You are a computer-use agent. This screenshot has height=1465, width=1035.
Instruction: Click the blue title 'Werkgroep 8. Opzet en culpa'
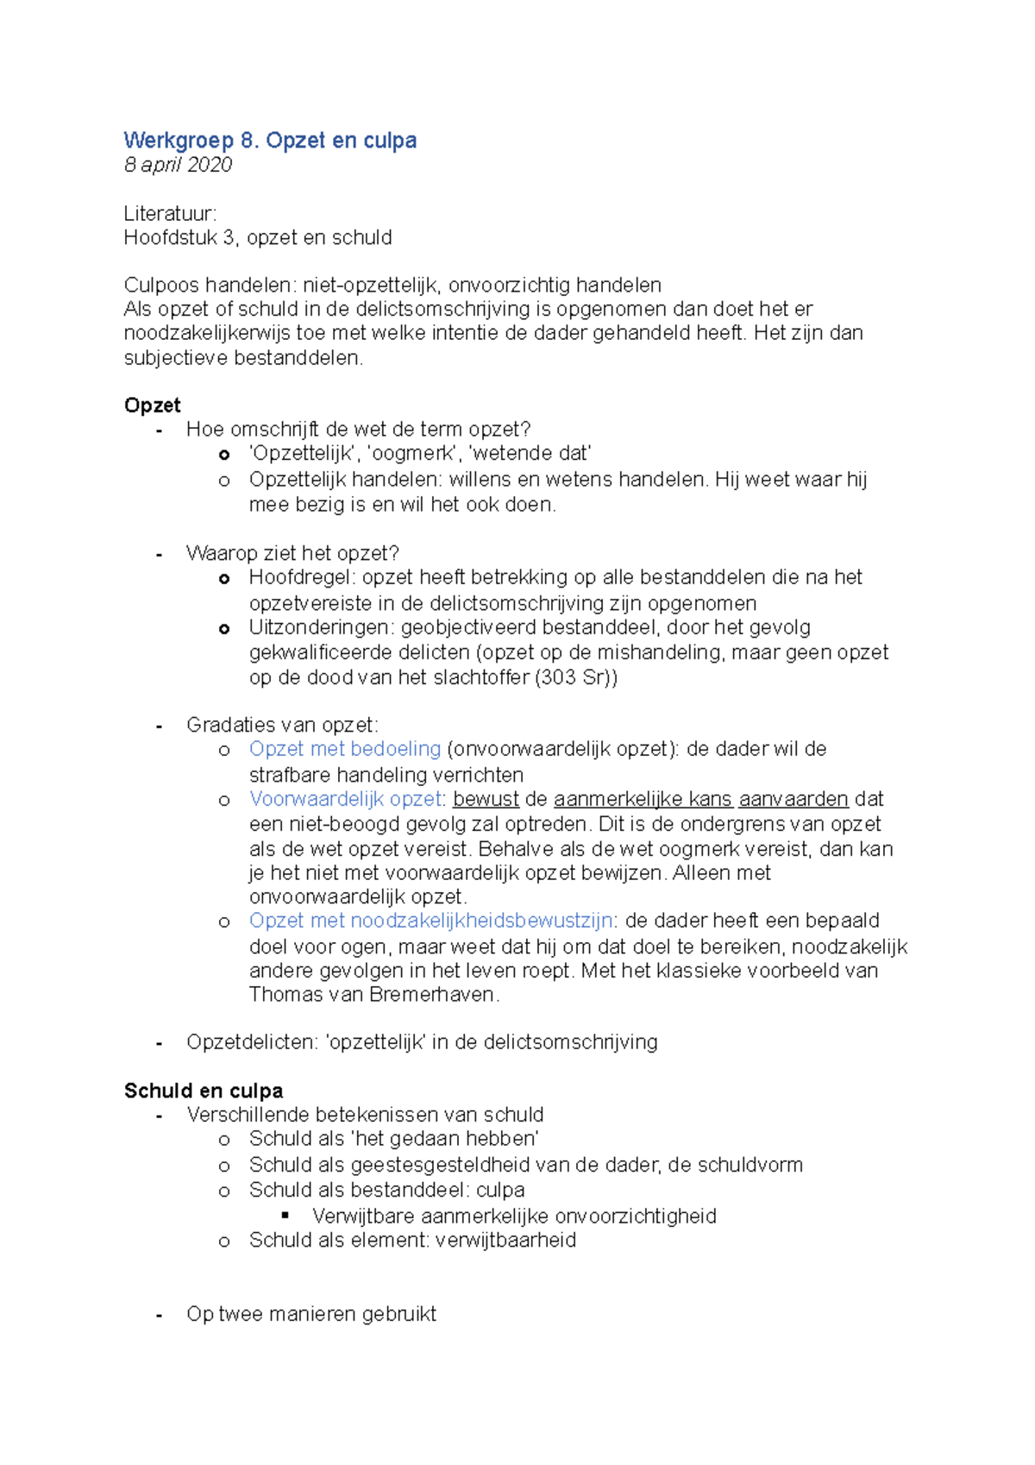(270, 141)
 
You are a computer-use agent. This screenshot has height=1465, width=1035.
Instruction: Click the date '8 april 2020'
(178, 165)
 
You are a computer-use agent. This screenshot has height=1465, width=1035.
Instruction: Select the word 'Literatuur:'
(170, 213)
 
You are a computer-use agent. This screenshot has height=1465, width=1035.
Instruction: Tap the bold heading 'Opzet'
(152, 406)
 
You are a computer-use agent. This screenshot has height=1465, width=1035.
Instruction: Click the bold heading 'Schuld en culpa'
(204, 1091)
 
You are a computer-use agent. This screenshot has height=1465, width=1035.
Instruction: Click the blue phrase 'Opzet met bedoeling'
(345, 749)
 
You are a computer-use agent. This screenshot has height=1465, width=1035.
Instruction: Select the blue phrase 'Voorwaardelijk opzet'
(345, 799)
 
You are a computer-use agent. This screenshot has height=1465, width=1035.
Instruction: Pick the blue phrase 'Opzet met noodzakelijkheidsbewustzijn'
(431, 921)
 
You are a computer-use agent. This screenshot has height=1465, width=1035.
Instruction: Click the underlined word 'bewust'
(486, 799)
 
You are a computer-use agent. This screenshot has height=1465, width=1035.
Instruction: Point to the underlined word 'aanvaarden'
(793, 799)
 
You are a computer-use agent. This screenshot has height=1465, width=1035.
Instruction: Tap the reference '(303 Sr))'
(576, 677)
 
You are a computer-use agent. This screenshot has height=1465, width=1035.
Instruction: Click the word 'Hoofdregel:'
(302, 577)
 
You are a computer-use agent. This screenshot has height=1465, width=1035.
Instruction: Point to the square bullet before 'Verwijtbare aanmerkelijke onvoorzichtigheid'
(286, 1215)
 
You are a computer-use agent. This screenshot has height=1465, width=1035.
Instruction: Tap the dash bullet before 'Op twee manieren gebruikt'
(159, 1316)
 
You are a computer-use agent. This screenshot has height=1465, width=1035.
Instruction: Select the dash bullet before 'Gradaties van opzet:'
(159, 726)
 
